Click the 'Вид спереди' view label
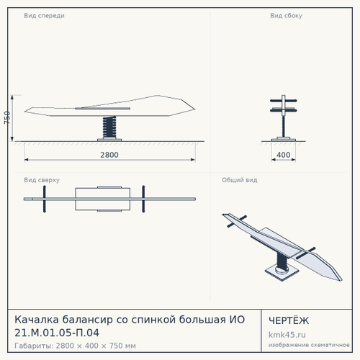coord(44,16)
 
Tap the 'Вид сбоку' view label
coord(286,16)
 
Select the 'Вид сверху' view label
coord(42,180)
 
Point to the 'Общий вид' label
coord(240,180)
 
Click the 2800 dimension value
coord(109,155)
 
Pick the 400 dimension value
coord(284,155)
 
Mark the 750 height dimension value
coord(7,117)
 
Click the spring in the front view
coord(109,127)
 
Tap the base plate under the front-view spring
coord(109,140)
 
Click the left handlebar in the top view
coord(45,199)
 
